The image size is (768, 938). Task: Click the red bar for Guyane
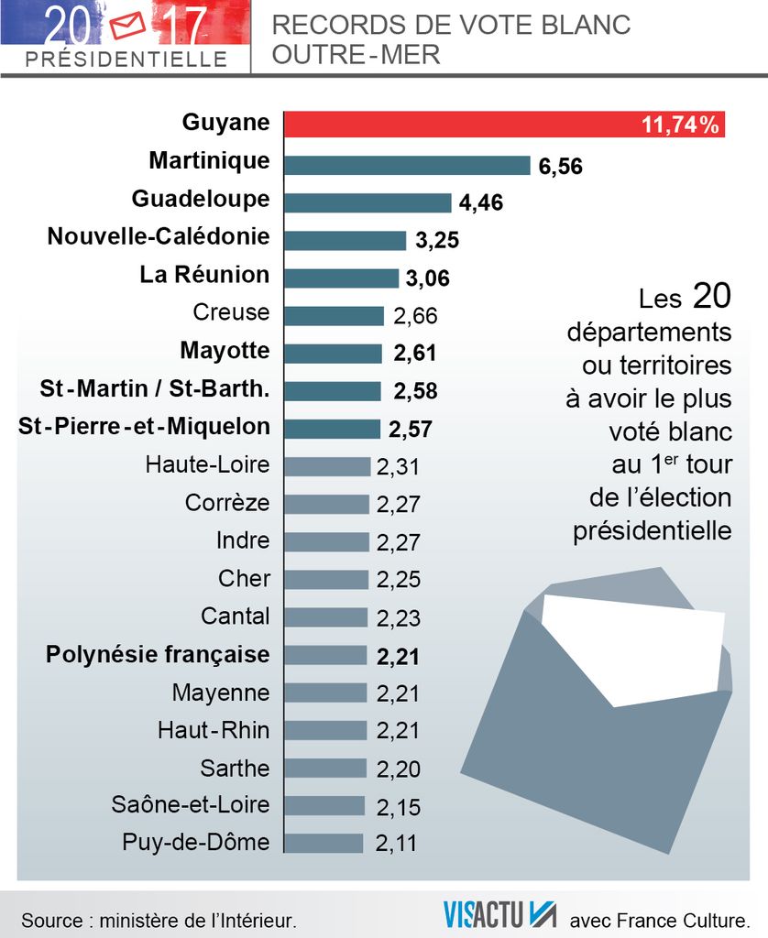(458, 124)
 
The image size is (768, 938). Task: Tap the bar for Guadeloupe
(368, 202)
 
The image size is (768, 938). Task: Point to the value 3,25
(436, 241)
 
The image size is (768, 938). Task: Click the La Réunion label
(204, 275)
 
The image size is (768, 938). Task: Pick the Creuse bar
(334, 316)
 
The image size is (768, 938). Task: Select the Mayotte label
(225, 351)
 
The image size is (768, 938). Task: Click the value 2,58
(415, 392)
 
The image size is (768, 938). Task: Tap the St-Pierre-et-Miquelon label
(144, 427)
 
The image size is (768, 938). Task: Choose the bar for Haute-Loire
(327, 466)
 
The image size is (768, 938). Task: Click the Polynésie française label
(158, 655)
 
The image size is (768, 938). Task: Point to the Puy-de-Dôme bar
(324, 844)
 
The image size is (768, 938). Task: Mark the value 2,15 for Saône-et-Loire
(399, 807)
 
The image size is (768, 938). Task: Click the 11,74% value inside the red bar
(680, 125)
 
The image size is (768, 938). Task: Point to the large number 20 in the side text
(711, 296)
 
